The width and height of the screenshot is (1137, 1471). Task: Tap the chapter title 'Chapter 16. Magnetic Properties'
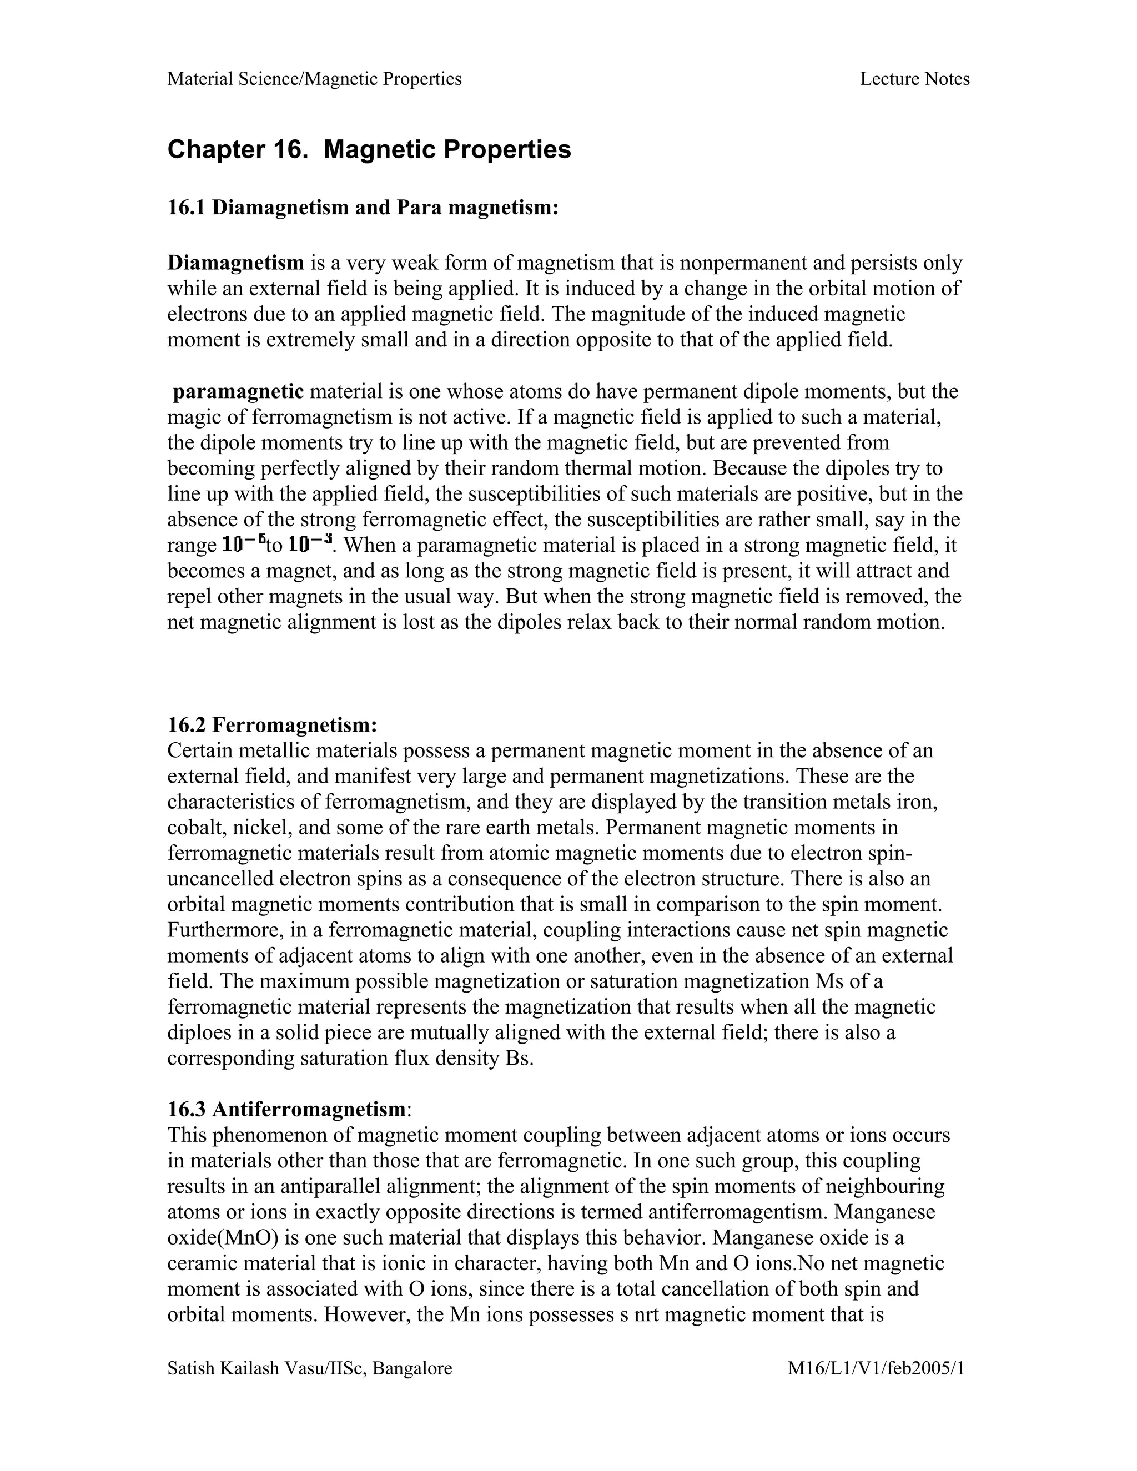tap(369, 149)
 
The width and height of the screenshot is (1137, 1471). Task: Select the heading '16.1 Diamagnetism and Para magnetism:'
tap(363, 208)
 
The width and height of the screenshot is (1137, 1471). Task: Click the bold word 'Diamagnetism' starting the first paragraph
tap(235, 263)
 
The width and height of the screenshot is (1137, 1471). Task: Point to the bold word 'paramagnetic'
tap(238, 391)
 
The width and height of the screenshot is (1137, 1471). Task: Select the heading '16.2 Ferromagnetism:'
tap(272, 726)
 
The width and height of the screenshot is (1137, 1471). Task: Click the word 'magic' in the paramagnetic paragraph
tap(195, 417)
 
